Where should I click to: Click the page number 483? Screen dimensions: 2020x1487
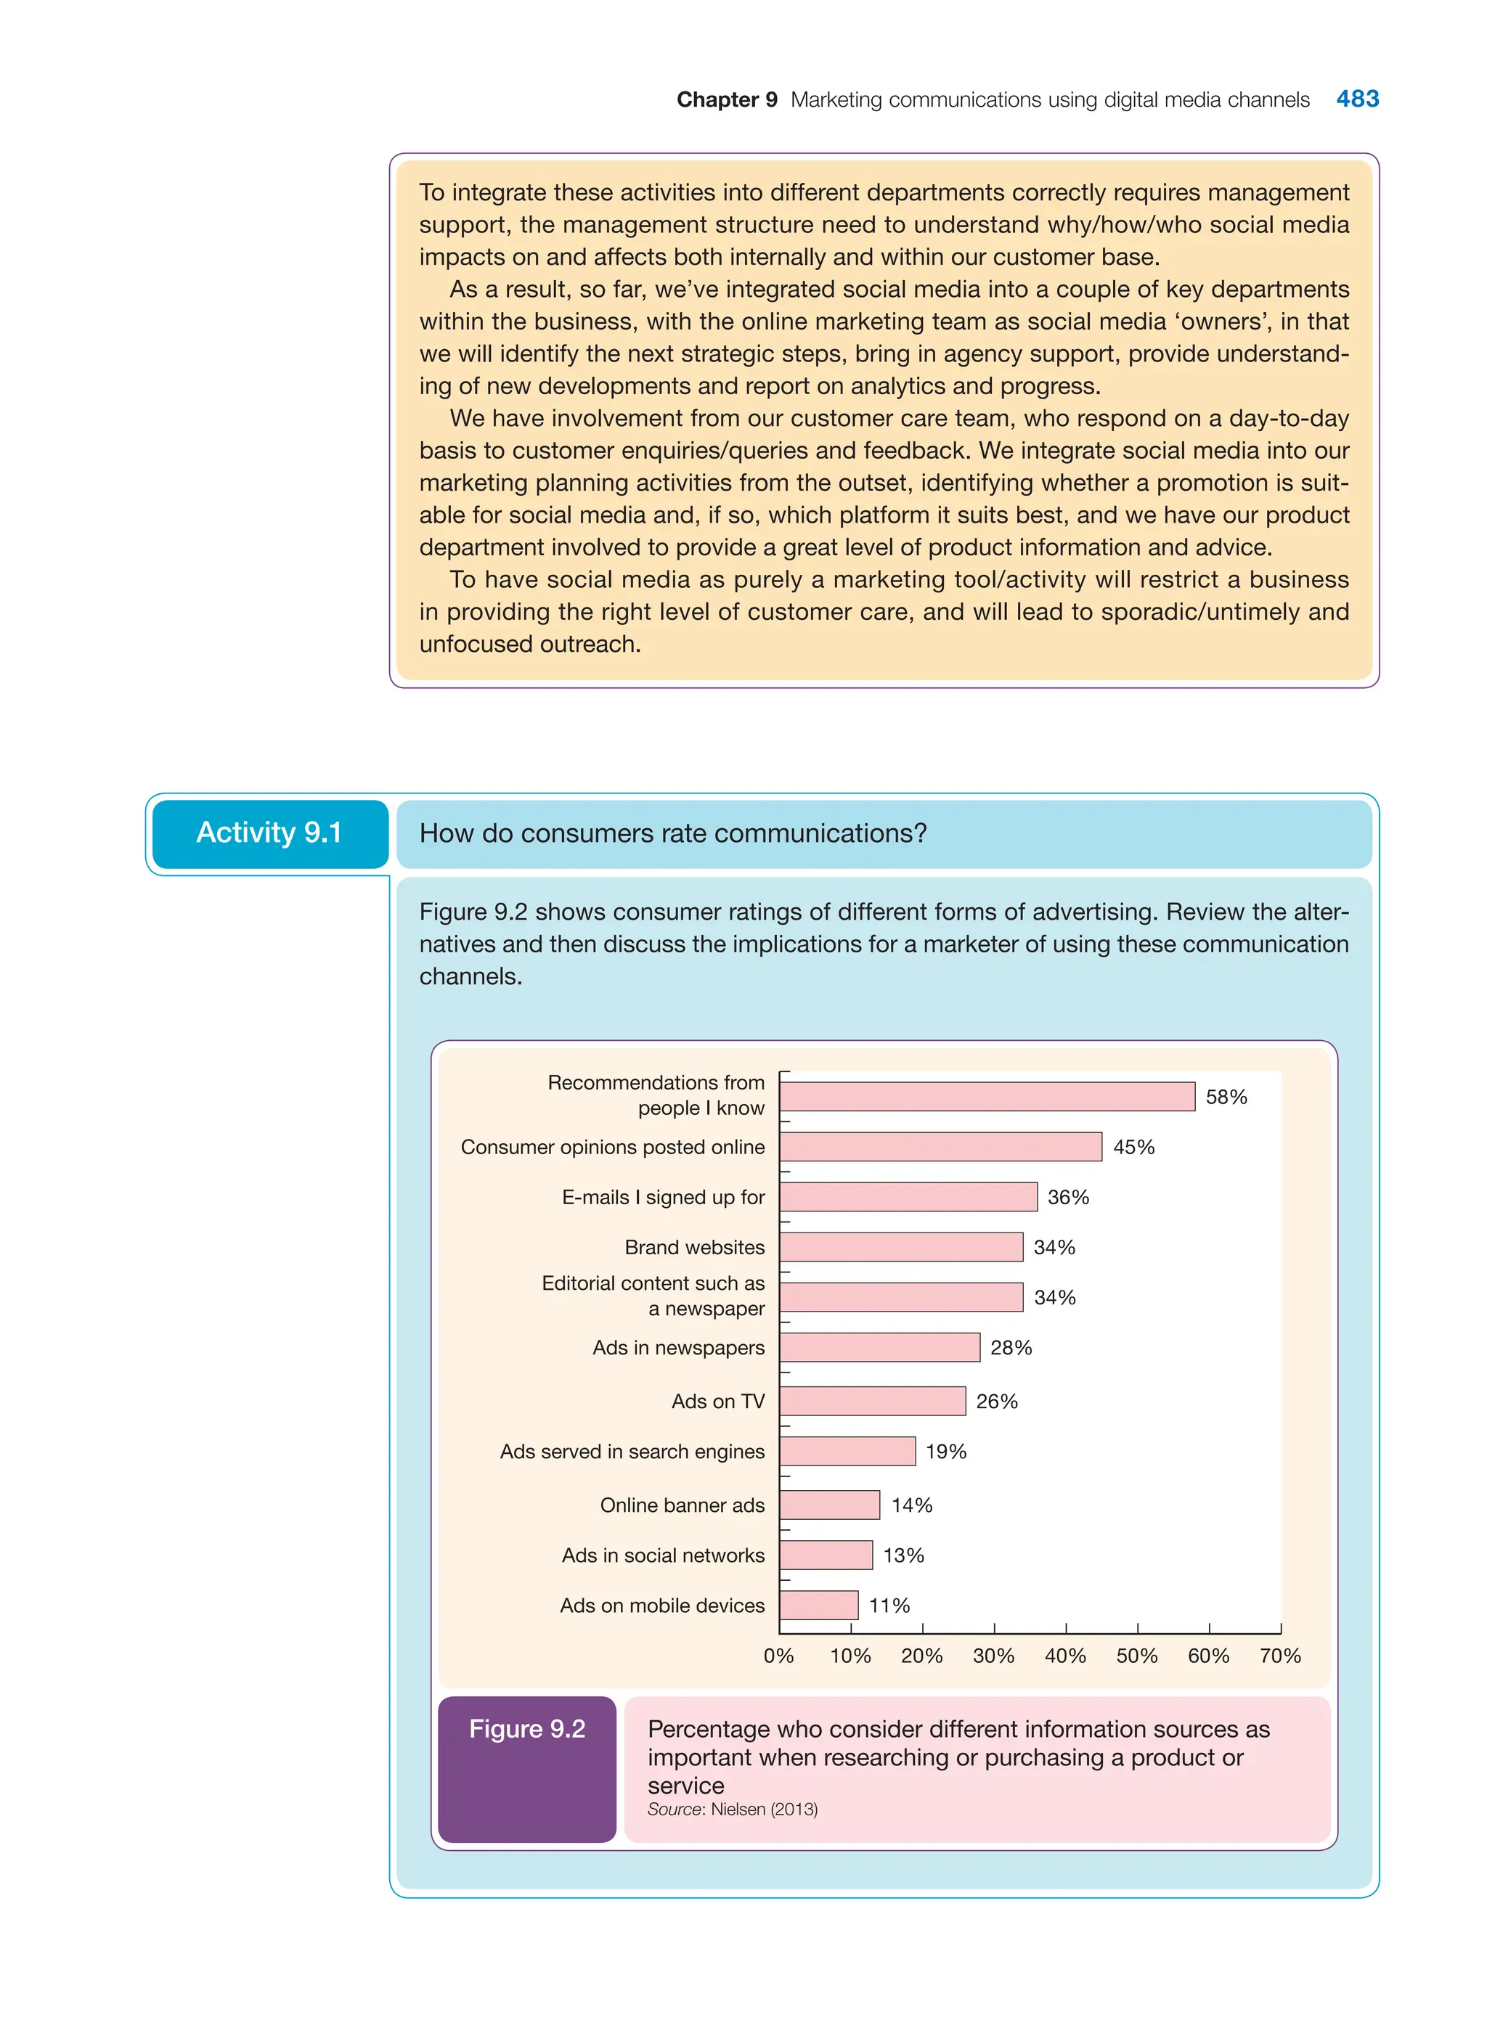click(1356, 99)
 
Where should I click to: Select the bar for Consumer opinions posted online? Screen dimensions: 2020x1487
click(940, 1146)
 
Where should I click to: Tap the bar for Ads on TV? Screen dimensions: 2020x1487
click(872, 1401)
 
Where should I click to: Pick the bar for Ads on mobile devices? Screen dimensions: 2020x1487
click(818, 1606)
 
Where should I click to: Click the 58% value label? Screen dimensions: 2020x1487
click(1226, 1097)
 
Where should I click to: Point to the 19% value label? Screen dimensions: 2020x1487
click(945, 1452)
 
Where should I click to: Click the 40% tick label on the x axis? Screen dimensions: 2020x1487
click(1065, 1656)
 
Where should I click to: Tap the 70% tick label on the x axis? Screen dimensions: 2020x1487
click(1280, 1656)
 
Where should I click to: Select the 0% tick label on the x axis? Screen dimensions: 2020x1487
click(778, 1656)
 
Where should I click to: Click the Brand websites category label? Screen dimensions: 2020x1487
click(694, 1247)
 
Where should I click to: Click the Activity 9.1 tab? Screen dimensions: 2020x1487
click(269, 833)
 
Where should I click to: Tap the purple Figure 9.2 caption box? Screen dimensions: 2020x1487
click(526, 1768)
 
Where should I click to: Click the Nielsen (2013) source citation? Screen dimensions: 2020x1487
click(763, 1810)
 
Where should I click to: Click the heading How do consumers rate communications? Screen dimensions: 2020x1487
click(672, 833)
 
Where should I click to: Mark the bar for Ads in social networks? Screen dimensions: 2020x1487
click(826, 1555)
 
